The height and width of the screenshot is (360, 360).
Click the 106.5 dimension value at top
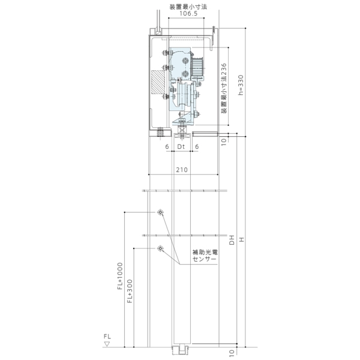pos(188,13)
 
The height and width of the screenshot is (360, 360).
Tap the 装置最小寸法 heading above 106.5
pos(188,7)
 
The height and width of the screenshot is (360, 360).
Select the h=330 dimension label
pos(241,85)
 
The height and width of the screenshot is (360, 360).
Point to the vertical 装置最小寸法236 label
pos(224,88)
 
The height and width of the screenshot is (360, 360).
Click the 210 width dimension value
pos(182,170)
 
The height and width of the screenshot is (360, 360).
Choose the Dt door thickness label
pos(181,146)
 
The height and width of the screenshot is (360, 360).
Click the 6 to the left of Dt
pos(167,146)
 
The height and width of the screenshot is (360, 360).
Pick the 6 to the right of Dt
pos(197,146)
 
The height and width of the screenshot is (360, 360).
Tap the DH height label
pos(232,239)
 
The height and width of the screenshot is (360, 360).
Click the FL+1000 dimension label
pos(120,276)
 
